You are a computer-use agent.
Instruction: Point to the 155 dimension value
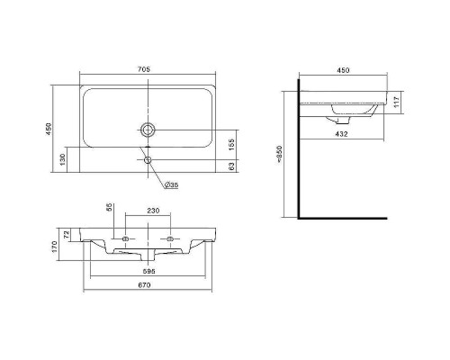pos(233,142)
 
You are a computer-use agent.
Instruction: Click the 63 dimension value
pos(233,166)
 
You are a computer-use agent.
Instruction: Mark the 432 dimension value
pos(341,134)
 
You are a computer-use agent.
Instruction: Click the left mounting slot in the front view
pos(125,238)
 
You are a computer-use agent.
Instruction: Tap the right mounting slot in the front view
pos(171,238)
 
